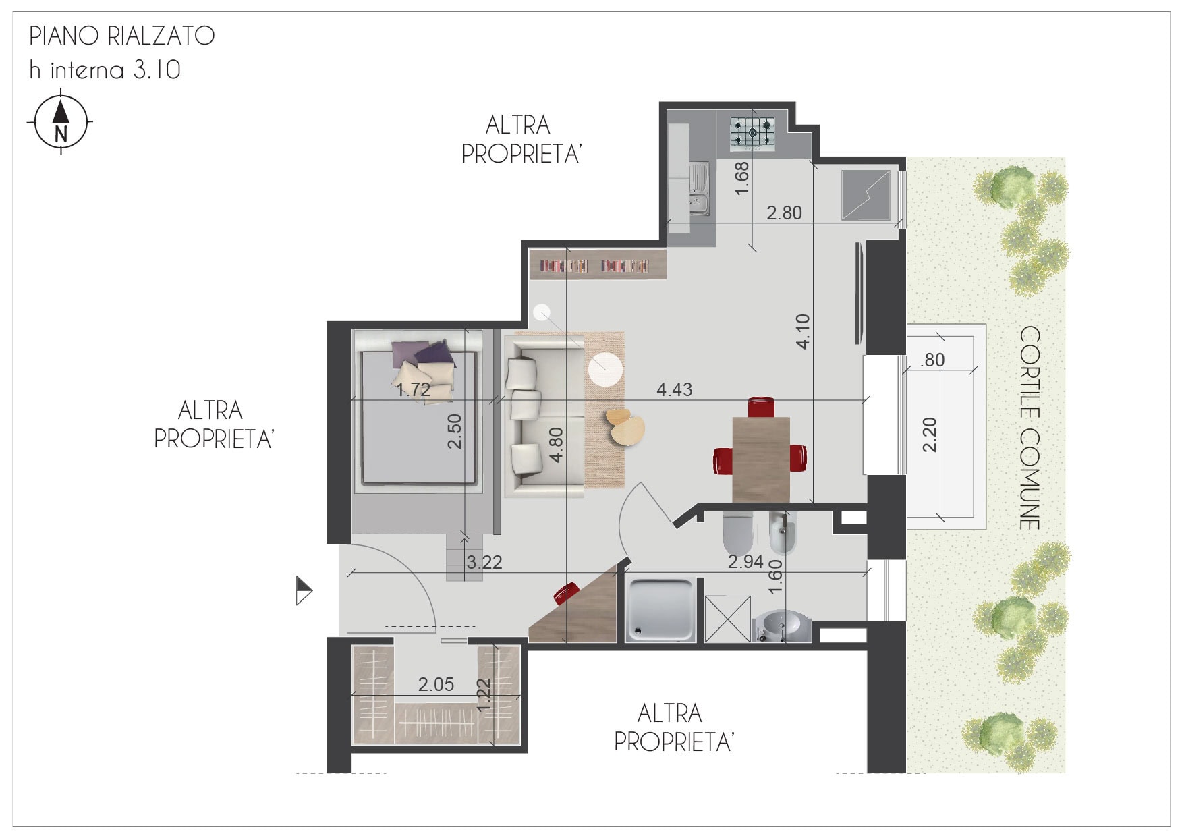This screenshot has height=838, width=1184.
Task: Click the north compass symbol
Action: click(61, 122)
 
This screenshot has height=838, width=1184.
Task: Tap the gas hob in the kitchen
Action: click(752, 132)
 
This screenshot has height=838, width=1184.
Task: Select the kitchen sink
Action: click(698, 190)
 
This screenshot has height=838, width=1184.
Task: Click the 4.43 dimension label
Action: click(674, 389)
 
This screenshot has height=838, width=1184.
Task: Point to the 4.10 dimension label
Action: click(803, 331)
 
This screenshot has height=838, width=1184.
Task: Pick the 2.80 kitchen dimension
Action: click(784, 213)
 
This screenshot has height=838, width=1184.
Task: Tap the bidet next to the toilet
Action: click(783, 532)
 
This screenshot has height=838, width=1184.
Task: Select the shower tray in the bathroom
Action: click(662, 609)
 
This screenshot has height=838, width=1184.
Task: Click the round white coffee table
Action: click(605, 370)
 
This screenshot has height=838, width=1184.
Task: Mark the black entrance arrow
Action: click(304, 590)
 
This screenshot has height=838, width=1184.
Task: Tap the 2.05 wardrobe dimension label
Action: click(436, 684)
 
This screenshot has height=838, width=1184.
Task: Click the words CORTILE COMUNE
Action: click(1030, 428)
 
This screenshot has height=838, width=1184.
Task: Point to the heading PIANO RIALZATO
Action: click(122, 36)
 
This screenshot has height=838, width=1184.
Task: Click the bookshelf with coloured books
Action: click(597, 265)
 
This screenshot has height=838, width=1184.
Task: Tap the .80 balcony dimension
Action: click(933, 360)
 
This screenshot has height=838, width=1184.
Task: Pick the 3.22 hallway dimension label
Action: click(484, 562)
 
